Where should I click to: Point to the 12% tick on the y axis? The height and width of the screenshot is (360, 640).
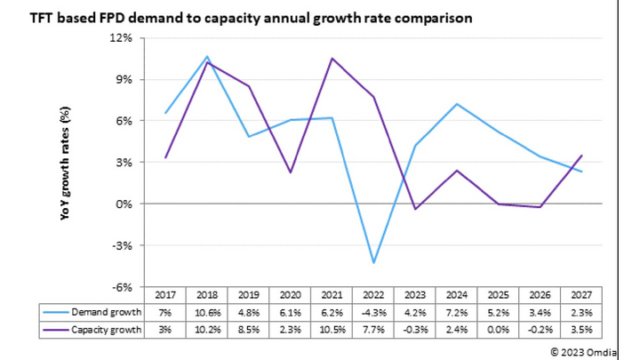click(121, 38)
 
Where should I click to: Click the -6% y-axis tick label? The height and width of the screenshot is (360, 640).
click(122, 287)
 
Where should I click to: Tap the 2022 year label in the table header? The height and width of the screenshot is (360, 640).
click(373, 295)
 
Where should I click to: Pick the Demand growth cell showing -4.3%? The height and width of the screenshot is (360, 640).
click(373, 312)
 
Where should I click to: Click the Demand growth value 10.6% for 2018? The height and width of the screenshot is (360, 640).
click(207, 312)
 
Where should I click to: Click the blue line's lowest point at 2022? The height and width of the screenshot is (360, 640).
click(373, 263)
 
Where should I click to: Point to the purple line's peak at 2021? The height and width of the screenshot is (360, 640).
click(332, 59)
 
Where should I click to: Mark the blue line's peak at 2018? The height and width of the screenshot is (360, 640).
click(207, 57)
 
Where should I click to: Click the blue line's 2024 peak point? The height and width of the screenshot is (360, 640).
click(456, 104)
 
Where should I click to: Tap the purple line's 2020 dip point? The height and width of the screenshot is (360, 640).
click(291, 172)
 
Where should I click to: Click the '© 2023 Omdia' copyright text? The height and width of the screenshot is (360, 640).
click(587, 350)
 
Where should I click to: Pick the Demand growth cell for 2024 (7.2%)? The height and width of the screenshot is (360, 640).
click(456, 312)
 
